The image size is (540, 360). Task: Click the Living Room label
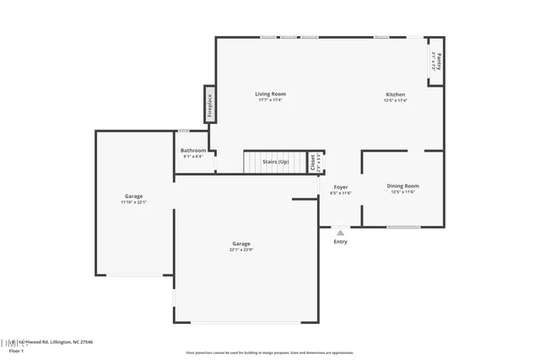[271, 94]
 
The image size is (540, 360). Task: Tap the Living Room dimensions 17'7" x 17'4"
[271, 100]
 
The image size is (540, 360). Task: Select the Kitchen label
[395, 94]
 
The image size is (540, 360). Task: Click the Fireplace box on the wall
[209, 104]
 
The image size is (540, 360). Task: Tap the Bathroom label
[192, 150]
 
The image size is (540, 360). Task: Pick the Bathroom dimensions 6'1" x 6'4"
[192, 156]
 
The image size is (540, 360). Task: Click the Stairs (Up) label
[275, 161]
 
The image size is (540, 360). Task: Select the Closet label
[311, 161]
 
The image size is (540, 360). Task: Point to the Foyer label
[340, 186]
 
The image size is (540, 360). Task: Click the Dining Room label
[402, 185]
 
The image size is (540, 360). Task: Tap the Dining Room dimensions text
[402, 191]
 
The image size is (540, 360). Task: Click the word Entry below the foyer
[340, 242]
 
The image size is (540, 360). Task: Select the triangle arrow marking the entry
[340, 234]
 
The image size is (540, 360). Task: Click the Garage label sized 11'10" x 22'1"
[133, 196]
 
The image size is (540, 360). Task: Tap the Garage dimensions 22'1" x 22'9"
[241, 250]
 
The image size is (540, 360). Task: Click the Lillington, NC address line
[52, 341]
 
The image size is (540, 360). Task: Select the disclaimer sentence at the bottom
[270, 353]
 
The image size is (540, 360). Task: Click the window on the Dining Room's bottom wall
[403, 226]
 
